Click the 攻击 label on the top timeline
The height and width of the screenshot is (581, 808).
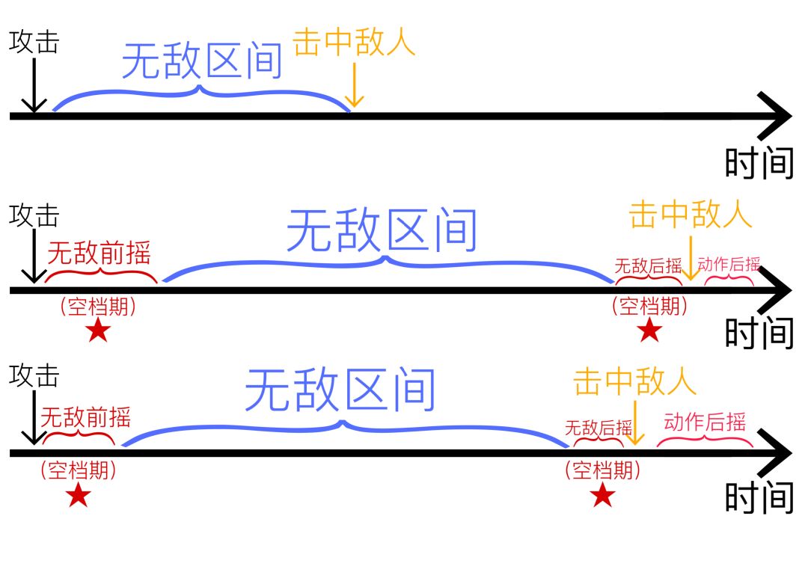tap(34, 42)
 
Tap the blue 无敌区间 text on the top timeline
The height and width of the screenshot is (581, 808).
tap(202, 61)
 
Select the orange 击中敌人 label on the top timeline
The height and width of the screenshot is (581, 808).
tap(354, 43)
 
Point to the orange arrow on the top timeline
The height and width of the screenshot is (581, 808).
tap(355, 86)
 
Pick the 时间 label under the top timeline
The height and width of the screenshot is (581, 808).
tap(759, 162)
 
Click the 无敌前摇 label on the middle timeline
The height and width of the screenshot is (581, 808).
tap(99, 253)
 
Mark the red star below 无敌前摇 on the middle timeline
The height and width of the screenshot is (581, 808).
tap(98, 331)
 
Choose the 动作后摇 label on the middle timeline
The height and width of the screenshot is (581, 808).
tap(729, 263)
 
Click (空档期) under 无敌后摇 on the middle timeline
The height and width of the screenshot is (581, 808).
tap(648, 306)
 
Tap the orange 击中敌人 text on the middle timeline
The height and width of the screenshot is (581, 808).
tap(690, 215)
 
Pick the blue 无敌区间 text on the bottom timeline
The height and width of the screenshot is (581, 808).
tap(340, 390)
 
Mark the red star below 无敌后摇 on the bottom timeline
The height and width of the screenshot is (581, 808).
tap(602, 495)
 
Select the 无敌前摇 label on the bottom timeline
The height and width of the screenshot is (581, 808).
tap(85, 416)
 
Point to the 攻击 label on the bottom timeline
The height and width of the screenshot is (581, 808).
tap(34, 375)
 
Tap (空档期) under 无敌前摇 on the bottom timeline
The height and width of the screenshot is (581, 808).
tap(79, 470)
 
